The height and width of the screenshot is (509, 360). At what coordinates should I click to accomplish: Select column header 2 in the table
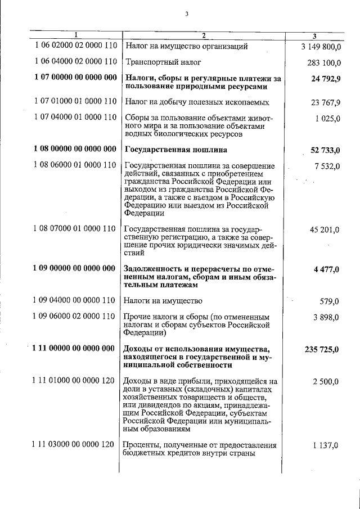[x=204, y=35]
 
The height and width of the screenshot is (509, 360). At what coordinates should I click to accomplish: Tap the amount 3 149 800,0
[x=317, y=46]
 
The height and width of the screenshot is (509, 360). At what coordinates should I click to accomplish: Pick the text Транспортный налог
[x=163, y=62]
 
